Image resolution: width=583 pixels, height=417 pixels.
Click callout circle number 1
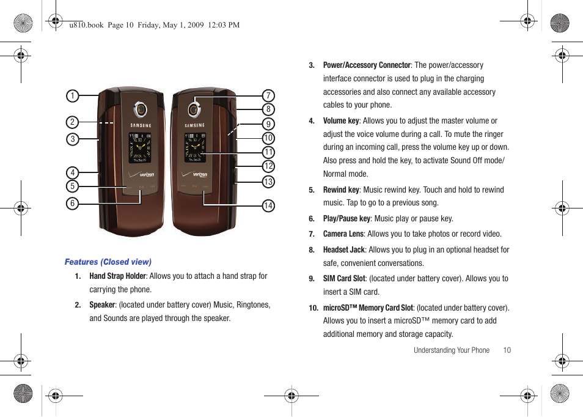click(73, 95)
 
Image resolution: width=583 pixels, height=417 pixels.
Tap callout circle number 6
click(73, 204)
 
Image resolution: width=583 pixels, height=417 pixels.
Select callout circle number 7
click(268, 95)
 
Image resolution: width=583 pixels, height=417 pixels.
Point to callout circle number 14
click(268, 206)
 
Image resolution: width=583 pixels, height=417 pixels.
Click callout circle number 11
click(268, 152)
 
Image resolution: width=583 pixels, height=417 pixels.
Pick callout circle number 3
click(73, 139)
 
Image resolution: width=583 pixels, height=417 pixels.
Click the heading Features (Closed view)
click(108, 262)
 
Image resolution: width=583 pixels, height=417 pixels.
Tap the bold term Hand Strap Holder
click(117, 276)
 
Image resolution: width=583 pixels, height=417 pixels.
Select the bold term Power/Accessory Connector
click(367, 65)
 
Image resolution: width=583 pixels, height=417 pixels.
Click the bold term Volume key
click(341, 121)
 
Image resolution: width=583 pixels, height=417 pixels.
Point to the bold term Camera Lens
click(343, 234)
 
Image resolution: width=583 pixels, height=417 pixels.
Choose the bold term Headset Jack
click(343, 250)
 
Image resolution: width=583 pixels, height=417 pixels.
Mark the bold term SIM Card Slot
click(344, 279)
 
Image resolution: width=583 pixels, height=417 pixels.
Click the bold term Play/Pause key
click(346, 219)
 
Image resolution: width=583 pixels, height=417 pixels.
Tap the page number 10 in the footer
click(507, 350)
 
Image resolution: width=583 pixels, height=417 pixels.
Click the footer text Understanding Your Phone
click(451, 350)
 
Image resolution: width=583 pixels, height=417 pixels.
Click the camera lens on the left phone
click(141, 110)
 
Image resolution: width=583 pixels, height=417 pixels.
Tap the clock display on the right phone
click(196, 147)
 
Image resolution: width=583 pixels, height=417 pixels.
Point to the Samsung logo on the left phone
click(141, 125)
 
